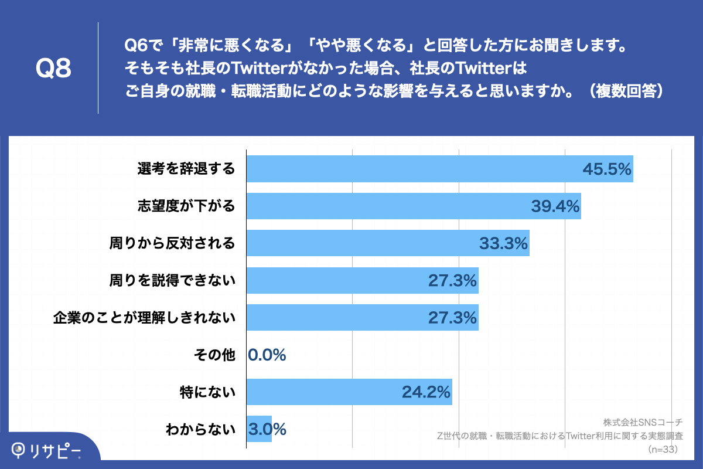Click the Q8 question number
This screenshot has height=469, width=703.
tap(53, 69)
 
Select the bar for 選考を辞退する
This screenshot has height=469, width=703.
tap(410, 169)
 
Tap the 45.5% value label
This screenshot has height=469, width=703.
tap(606, 169)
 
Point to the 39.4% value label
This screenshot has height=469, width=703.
tap(555, 206)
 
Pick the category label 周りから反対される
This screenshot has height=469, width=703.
tap(172, 243)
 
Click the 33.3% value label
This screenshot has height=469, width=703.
tap(503, 243)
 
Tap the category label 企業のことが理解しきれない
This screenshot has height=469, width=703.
tap(144, 318)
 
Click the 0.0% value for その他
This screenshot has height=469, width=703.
tap(267, 355)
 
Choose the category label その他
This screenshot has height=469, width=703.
tap(214, 355)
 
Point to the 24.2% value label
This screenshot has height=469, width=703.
tap(426, 392)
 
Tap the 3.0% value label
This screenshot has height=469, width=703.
tap(267, 429)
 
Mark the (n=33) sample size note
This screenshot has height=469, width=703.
tap(663, 450)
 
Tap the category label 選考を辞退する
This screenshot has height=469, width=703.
tap(186, 169)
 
